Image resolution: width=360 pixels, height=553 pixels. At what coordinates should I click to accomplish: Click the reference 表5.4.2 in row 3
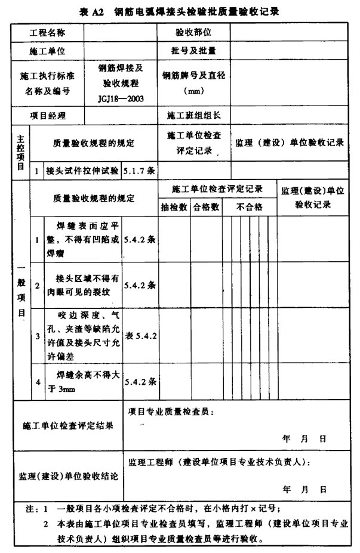(x=140, y=336)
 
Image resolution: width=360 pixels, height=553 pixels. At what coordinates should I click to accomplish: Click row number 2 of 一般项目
(x=37, y=286)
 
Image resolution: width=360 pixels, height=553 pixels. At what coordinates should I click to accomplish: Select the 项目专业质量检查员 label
(x=171, y=411)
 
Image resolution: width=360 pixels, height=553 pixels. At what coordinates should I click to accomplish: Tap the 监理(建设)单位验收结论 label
(x=68, y=477)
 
